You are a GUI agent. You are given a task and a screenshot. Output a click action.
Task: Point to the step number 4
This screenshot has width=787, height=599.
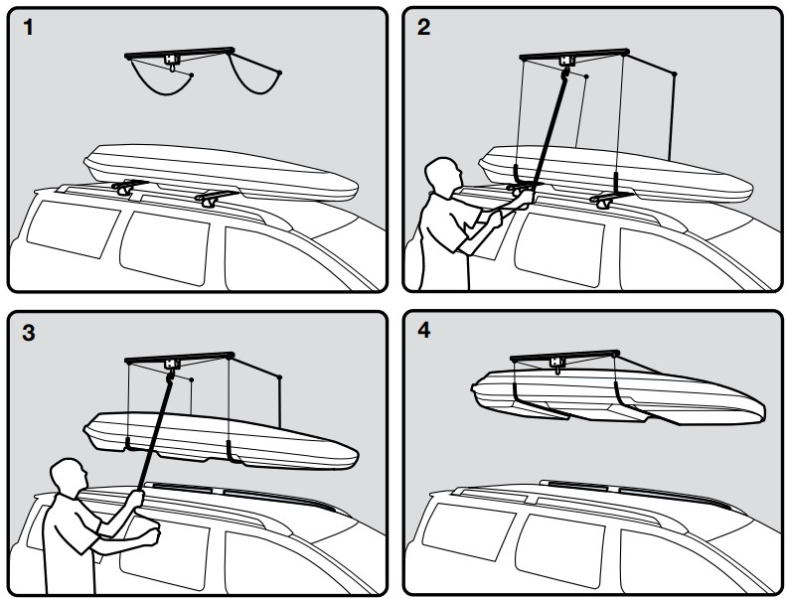[425, 330]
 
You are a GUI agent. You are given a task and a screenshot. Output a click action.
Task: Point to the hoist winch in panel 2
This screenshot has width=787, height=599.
[568, 62]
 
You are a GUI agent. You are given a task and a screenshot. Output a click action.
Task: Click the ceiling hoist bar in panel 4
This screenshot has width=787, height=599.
[566, 356]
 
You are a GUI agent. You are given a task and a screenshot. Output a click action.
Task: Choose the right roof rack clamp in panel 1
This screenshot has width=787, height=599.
[214, 199]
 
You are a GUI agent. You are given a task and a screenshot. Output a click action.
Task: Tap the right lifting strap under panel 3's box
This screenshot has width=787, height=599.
[231, 452]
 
